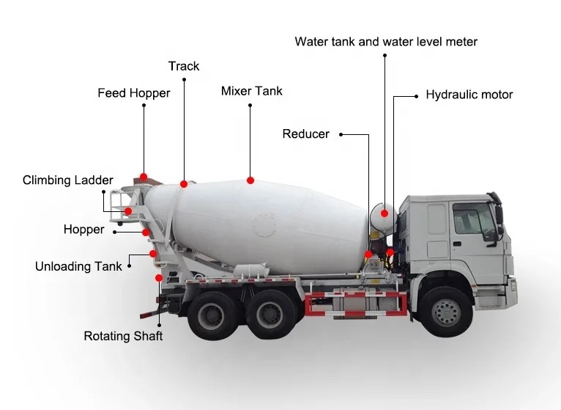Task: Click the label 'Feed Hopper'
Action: (x=134, y=93)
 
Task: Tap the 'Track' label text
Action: (x=184, y=67)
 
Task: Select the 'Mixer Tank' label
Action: (x=251, y=92)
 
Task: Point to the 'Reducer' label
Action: (x=305, y=134)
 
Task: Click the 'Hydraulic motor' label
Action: (x=469, y=95)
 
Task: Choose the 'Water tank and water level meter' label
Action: (x=386, y=42)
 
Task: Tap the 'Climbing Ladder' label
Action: (x=68, y=180)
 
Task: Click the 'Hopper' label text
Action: (x=83, y=230)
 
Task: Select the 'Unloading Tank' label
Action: (x=79, y=266)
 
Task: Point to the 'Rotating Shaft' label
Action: (x=123, y=336)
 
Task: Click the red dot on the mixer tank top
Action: (x=250, y=180)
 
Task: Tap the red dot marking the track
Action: (x=185, y=183)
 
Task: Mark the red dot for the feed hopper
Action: (x=144, y=177)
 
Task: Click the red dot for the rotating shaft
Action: (x=158, y=278)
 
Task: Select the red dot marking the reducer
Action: (x=368, y=255)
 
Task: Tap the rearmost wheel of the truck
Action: (x=210, y=315)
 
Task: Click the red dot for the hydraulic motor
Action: (x=390, y=252)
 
